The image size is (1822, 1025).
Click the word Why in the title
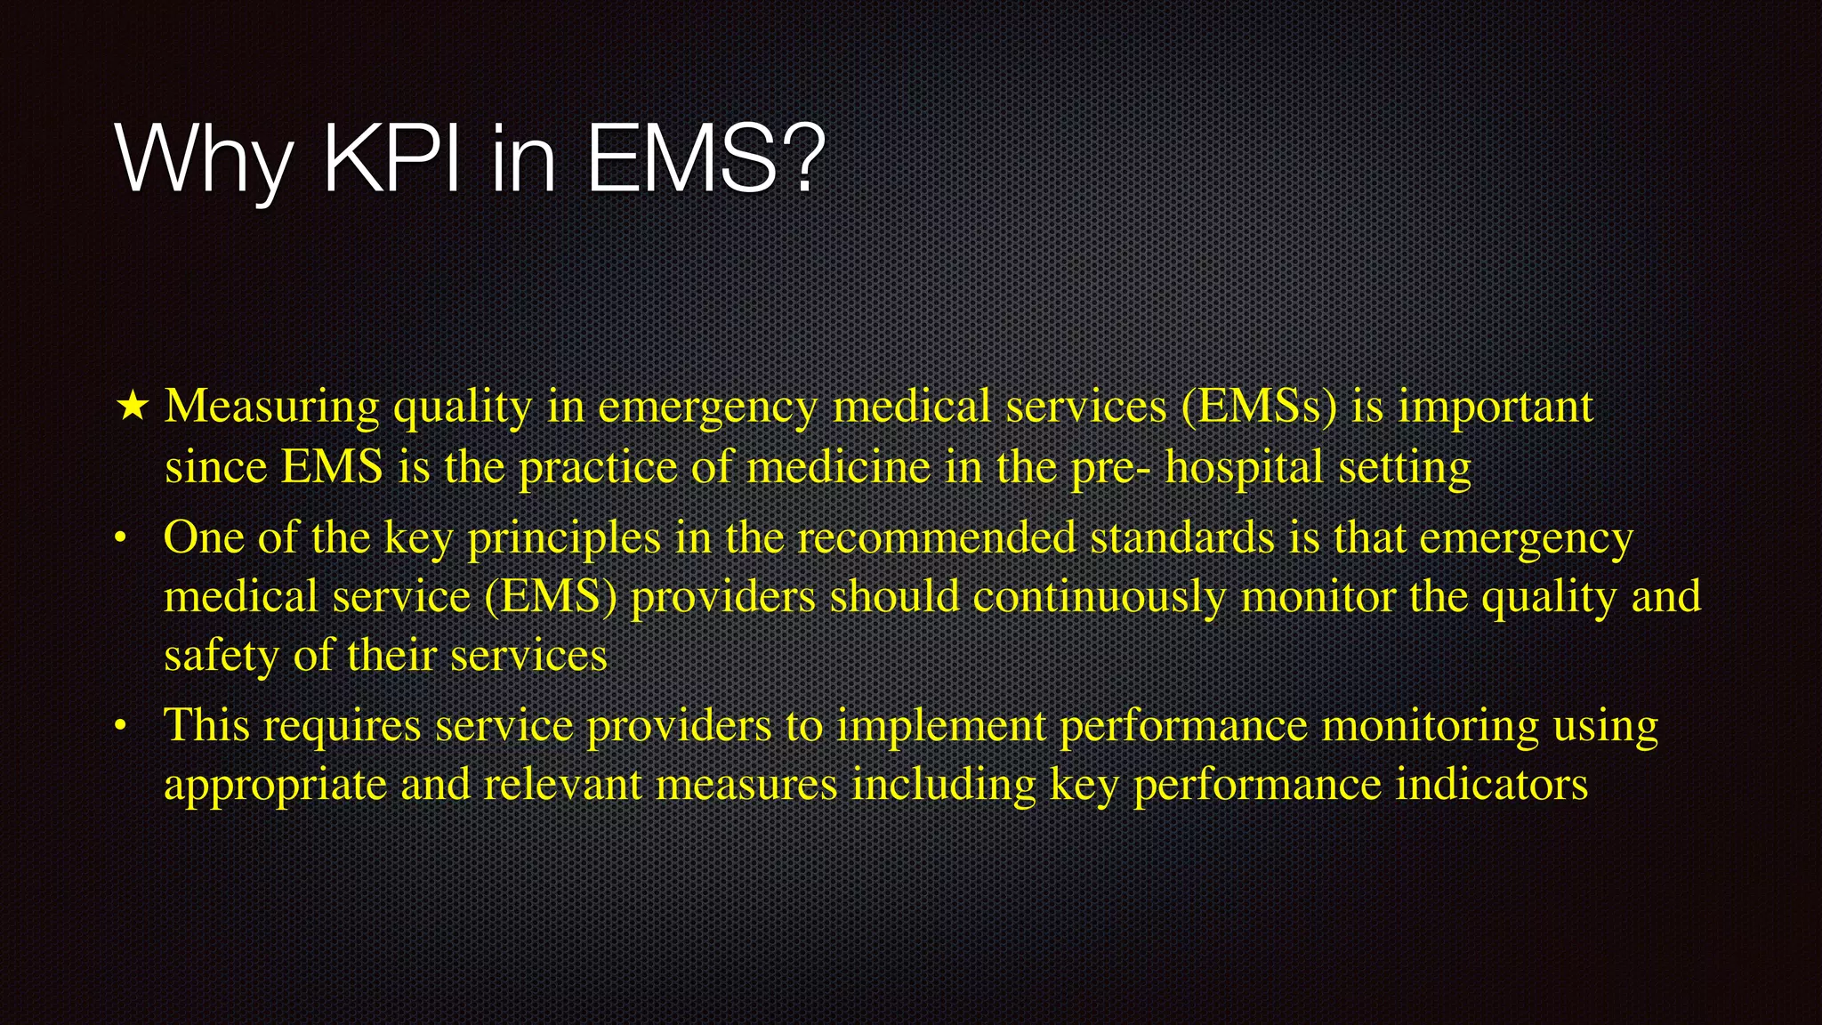coord(204,160)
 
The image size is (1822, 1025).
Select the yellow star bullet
coord(133,407)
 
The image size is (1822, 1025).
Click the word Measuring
coord(272,407)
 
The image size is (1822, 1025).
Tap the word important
coord(1495,408)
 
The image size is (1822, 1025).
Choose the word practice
coord(598,468)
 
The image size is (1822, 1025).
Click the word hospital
coord(1244,468)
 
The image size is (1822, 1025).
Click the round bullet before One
coord(121,538)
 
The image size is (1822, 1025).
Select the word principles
coord(564,539)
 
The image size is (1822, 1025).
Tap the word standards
coord(1182,537)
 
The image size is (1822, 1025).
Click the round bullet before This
coord(121,727)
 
